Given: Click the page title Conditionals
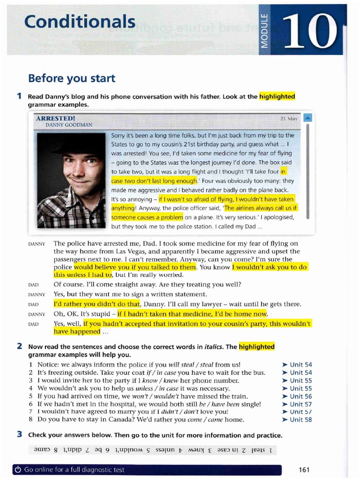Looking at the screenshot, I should coord(80,21).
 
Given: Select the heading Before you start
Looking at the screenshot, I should coord(72,78).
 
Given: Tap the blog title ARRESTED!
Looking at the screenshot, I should coord(56,119).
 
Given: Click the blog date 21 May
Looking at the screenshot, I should coord(289,119).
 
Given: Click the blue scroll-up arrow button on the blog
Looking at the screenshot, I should coord(307,118).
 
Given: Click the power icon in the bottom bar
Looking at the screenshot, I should coord(18,470).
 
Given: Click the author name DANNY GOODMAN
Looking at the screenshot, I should coord(69,125).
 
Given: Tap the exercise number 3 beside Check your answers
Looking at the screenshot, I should coord(19,434).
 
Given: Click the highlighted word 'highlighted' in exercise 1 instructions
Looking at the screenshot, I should coord(277,97).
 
